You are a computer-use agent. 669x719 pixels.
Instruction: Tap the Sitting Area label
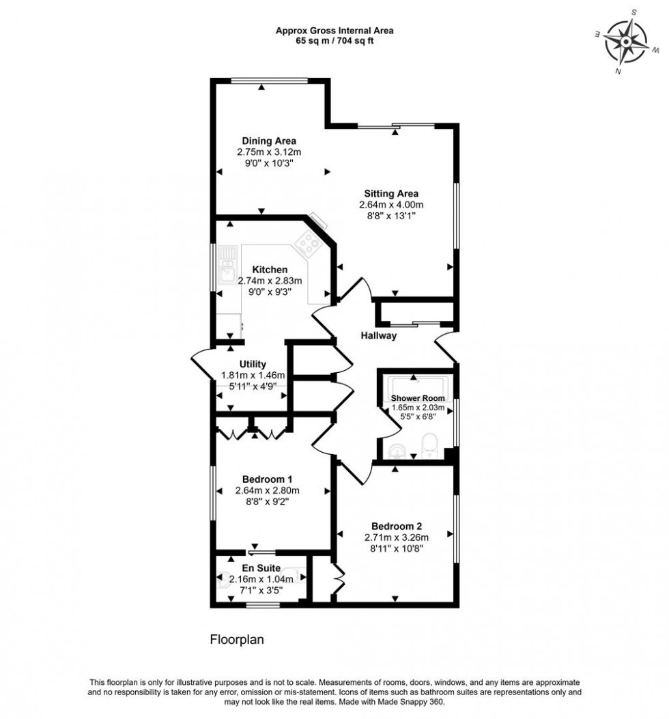391,193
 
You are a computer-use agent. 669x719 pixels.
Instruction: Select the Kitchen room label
269,270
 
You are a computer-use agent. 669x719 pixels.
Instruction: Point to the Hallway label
378,335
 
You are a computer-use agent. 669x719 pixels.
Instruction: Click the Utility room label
253,365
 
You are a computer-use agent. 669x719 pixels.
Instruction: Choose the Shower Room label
417,398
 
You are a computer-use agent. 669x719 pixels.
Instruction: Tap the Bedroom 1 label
267,479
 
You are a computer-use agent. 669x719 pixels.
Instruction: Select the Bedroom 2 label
397,526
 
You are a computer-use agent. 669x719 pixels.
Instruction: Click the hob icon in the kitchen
309,242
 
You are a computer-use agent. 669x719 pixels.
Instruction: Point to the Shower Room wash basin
398,450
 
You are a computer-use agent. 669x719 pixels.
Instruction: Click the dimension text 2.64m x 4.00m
391,204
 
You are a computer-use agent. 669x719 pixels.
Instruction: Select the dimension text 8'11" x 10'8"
397,548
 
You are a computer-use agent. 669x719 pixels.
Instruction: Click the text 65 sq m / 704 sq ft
334,40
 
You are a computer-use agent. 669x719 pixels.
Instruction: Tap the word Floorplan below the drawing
236,640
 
